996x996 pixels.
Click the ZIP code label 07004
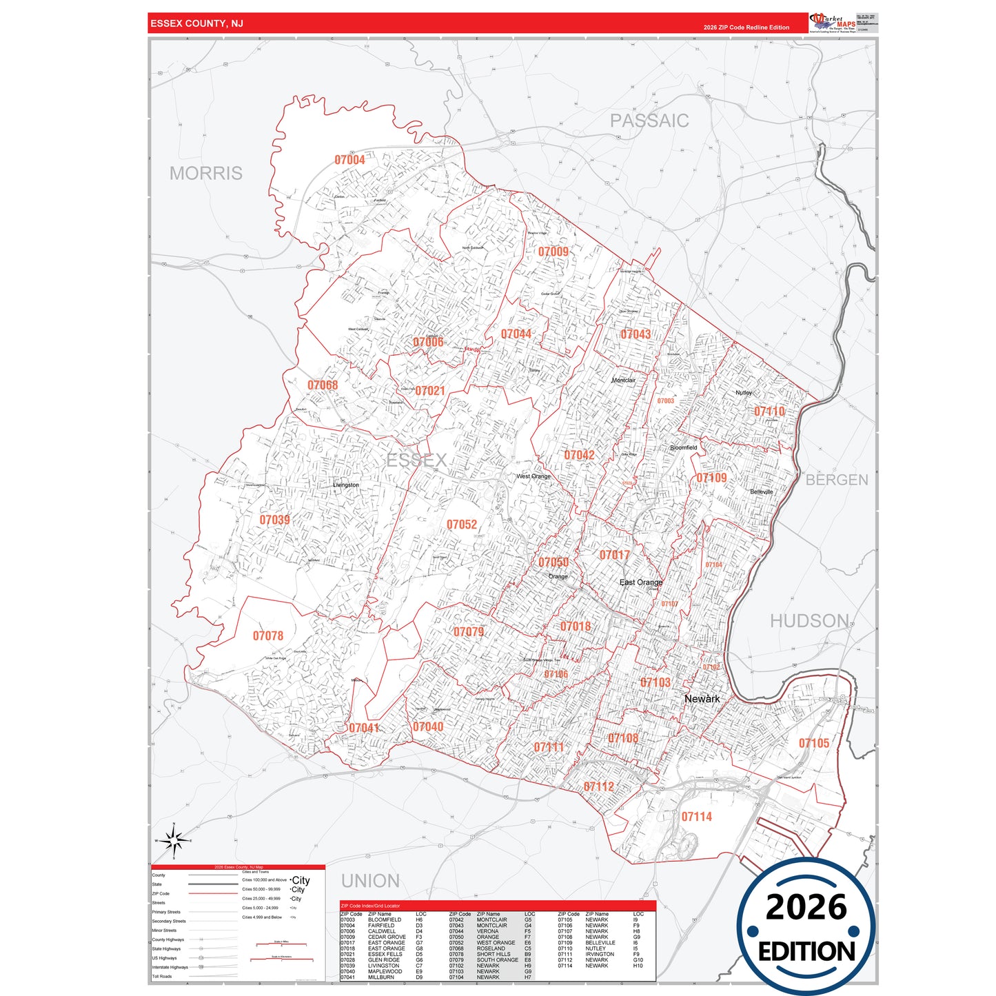tap(349, 160)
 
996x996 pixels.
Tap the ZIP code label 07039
tap(274, 520)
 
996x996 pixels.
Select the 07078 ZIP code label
tap(268, 636)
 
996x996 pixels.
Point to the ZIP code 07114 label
tap(696, 817)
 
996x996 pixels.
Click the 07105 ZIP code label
tap(814, 743)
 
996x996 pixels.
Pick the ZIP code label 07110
tap(769, 411)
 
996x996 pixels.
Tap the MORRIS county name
tap(206, 173)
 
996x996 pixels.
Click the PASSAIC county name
tap(649, 121)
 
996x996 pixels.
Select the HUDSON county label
tap(809, 621)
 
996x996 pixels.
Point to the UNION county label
tap(370, 881)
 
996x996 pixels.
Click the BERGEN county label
tap(837, 480)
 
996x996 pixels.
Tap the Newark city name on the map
tap(702, 699)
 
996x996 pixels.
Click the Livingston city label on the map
tap(345, 485)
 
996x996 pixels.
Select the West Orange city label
tap(533, 476)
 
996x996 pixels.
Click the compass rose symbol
tap(174, 840)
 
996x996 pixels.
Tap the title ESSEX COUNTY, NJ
tap(197, 23)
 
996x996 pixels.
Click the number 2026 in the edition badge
tap(806, 907)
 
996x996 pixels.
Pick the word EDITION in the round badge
tap(806, 952)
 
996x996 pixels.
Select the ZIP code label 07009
tap(553, 252)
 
